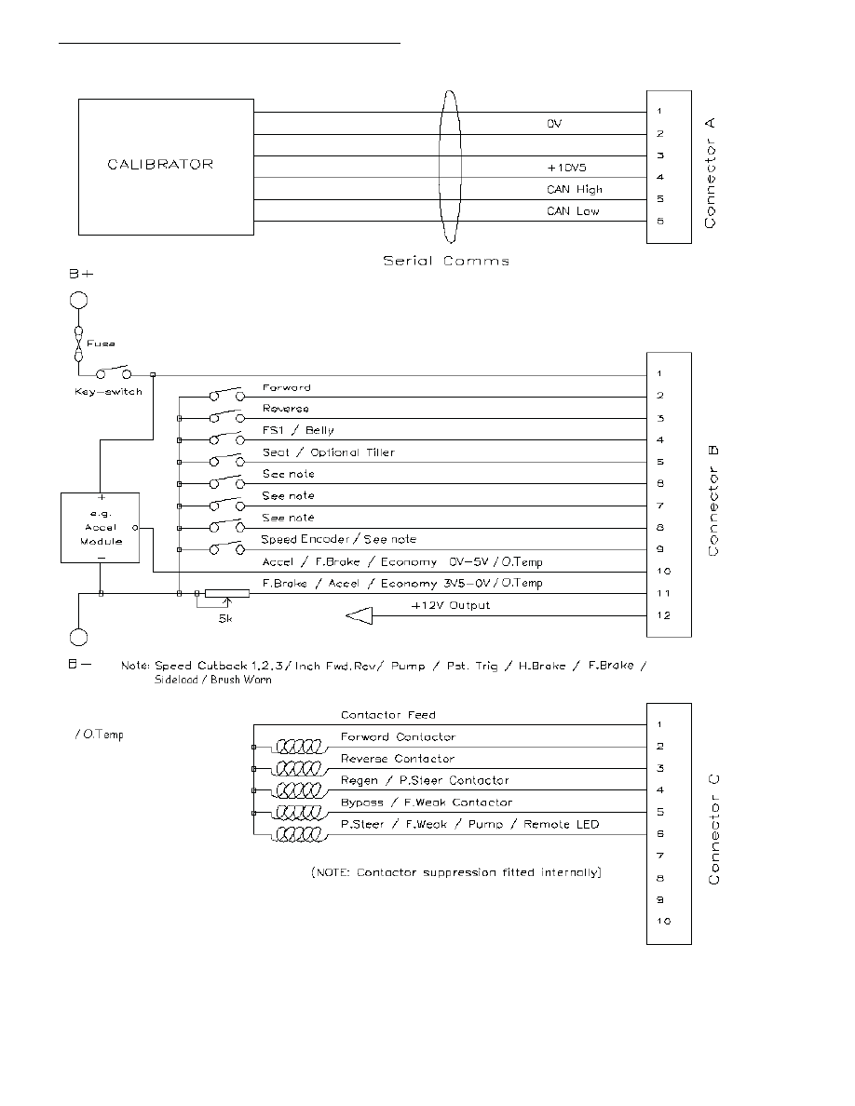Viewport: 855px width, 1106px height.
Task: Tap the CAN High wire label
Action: [574, 190]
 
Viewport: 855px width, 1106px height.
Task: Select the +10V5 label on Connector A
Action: [566, 168]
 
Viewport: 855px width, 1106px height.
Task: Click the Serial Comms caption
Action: [446, 262]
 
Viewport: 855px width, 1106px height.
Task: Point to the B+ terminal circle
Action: [79, 303]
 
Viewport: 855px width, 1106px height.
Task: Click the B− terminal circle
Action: [79, 640]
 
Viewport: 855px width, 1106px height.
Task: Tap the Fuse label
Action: [102, 344]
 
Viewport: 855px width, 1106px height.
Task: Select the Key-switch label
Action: [107, 392]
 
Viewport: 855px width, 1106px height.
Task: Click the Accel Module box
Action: [100, 528]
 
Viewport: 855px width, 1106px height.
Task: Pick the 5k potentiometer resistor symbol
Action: [226, 593]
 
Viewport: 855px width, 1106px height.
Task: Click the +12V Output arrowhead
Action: [359, 614]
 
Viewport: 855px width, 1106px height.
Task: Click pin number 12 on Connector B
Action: [660, 615]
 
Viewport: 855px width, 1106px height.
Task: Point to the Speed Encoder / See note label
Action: [338, 540]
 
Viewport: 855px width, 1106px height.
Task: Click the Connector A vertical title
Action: [712, 173]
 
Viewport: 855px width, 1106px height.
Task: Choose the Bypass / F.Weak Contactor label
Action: [427, 803]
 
